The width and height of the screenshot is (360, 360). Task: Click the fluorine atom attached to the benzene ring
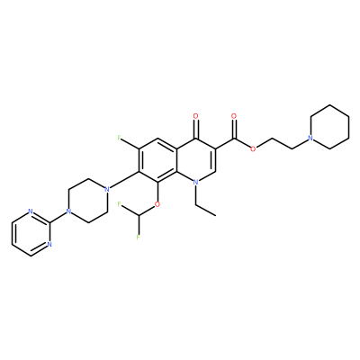pos(120,138)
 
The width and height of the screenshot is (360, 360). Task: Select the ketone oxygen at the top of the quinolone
pos(196,116)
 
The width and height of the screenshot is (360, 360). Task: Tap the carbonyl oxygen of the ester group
pos(234,116)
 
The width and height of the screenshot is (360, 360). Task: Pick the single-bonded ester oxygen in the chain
pos(253,149)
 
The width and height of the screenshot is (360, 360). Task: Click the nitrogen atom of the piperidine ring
pos(310,139)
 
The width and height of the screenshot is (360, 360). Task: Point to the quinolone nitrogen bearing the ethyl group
pos(196,183)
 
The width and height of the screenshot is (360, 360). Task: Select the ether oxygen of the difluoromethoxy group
pos(157,204)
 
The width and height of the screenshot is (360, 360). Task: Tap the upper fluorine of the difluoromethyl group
pos(120,204)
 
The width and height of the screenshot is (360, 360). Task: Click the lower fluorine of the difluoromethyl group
pos(139,238)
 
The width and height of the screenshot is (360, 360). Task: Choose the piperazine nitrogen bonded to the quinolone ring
pos(106,190)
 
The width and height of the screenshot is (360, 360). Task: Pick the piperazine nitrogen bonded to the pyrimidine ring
pos(68,211)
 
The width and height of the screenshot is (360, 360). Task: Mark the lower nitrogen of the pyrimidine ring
pos(49,245)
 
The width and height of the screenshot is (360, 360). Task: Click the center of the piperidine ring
pos(329,127)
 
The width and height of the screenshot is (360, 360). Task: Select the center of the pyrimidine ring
pos(31,234)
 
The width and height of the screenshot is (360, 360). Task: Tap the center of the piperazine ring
pos(87,201)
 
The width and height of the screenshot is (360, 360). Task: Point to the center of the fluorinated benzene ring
pos(157,160)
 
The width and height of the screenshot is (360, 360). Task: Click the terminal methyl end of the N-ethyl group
pos(215,215)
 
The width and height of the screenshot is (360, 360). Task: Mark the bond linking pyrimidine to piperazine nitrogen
pos(58,218)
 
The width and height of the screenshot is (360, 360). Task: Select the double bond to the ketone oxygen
pos(196,129)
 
